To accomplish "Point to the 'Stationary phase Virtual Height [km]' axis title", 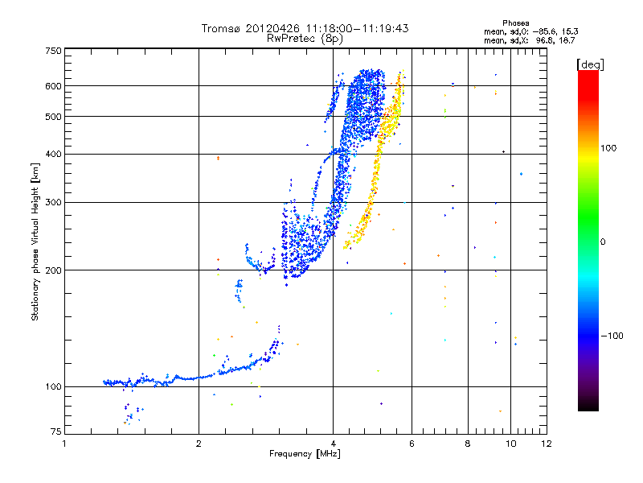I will coord(35,242).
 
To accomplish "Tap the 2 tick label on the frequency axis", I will coord(199,444).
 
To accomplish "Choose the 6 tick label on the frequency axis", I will coord(412,444).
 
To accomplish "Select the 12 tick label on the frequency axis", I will coord(546,444).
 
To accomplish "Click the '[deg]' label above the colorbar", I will coord(591,64).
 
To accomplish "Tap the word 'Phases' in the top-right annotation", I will coord(516,23).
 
